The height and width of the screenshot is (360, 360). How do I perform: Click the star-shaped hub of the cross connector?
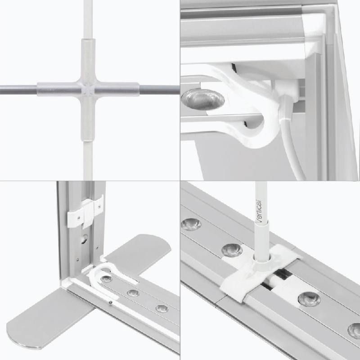(x=88, y=89)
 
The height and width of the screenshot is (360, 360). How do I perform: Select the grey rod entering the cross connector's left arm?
(x=18, y=89)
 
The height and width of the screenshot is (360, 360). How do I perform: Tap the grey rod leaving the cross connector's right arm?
(x=159, y=89)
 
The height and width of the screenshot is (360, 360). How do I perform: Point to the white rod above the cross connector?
(x=88, y=19)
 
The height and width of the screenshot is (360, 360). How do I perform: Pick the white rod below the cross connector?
(x=88, y=160)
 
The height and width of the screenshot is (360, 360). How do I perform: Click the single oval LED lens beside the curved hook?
(x=203, y=99)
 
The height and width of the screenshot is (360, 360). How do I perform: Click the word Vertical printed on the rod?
(x=259, y=211)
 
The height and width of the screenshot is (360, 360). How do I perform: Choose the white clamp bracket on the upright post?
(x=85, y=212)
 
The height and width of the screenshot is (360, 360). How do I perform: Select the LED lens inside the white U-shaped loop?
(x=106, y=279)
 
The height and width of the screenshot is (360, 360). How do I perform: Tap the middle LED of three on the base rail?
(x=133, y=293)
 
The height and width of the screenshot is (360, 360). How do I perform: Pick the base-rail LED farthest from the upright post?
(x=162, y=309)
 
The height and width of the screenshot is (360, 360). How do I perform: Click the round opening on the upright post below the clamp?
(x=85, y=239)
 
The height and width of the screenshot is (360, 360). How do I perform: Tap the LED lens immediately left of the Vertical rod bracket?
(x=232, y=250)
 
